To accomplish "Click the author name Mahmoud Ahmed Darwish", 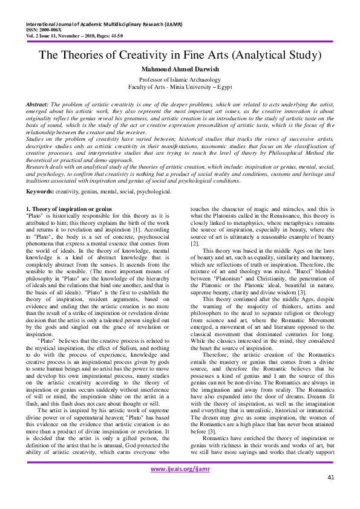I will (x=180, y=70).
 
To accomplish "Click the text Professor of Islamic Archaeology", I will (x=180, y=79).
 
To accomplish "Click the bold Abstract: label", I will (x=38, y=105).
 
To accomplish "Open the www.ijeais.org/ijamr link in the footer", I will (x=180, y=485).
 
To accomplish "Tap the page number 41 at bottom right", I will (x=330, y=494).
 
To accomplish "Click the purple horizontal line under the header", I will (x=180, y=41).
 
